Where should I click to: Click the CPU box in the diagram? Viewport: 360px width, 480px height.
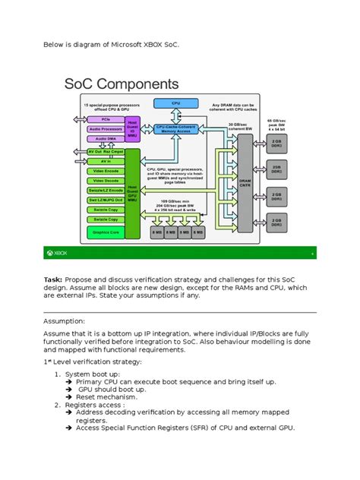click(175, 103)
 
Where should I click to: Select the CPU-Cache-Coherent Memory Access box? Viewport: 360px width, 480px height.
click(175, 128)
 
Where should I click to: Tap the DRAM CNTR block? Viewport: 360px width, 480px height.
click(245, 182)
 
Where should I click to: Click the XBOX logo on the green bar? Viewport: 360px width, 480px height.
click(61, 253)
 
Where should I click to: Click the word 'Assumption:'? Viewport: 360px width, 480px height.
click(68, 321)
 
